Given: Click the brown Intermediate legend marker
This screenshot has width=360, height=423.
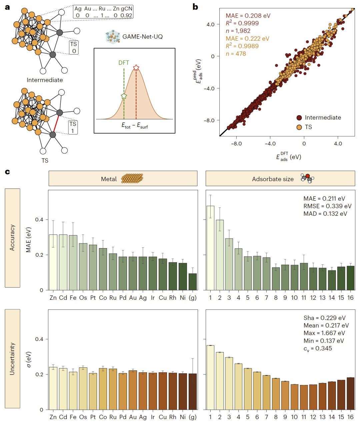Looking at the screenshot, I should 299,118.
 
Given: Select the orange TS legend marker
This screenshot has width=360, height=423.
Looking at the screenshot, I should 299,127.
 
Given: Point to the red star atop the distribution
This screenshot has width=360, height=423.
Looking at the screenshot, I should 136,68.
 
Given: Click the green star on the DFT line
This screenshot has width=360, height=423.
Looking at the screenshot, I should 124,96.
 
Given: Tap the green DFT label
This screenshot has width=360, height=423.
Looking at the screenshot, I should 124,63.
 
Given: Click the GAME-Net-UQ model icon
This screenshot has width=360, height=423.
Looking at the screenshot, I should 113,37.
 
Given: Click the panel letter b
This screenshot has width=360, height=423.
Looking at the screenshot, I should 195,7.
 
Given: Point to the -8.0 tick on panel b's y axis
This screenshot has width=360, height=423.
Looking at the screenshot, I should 209,120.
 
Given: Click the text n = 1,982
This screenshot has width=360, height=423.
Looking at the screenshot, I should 238,31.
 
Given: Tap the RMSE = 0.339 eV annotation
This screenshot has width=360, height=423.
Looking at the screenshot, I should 327,206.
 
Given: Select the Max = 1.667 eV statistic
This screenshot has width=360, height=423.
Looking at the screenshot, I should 324,333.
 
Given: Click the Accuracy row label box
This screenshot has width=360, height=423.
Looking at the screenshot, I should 12,238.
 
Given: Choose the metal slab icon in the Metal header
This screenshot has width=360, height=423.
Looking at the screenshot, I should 132,179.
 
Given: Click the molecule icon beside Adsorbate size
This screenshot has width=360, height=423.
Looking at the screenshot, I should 307,178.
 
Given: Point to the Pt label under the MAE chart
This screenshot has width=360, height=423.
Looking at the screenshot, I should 93,298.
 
